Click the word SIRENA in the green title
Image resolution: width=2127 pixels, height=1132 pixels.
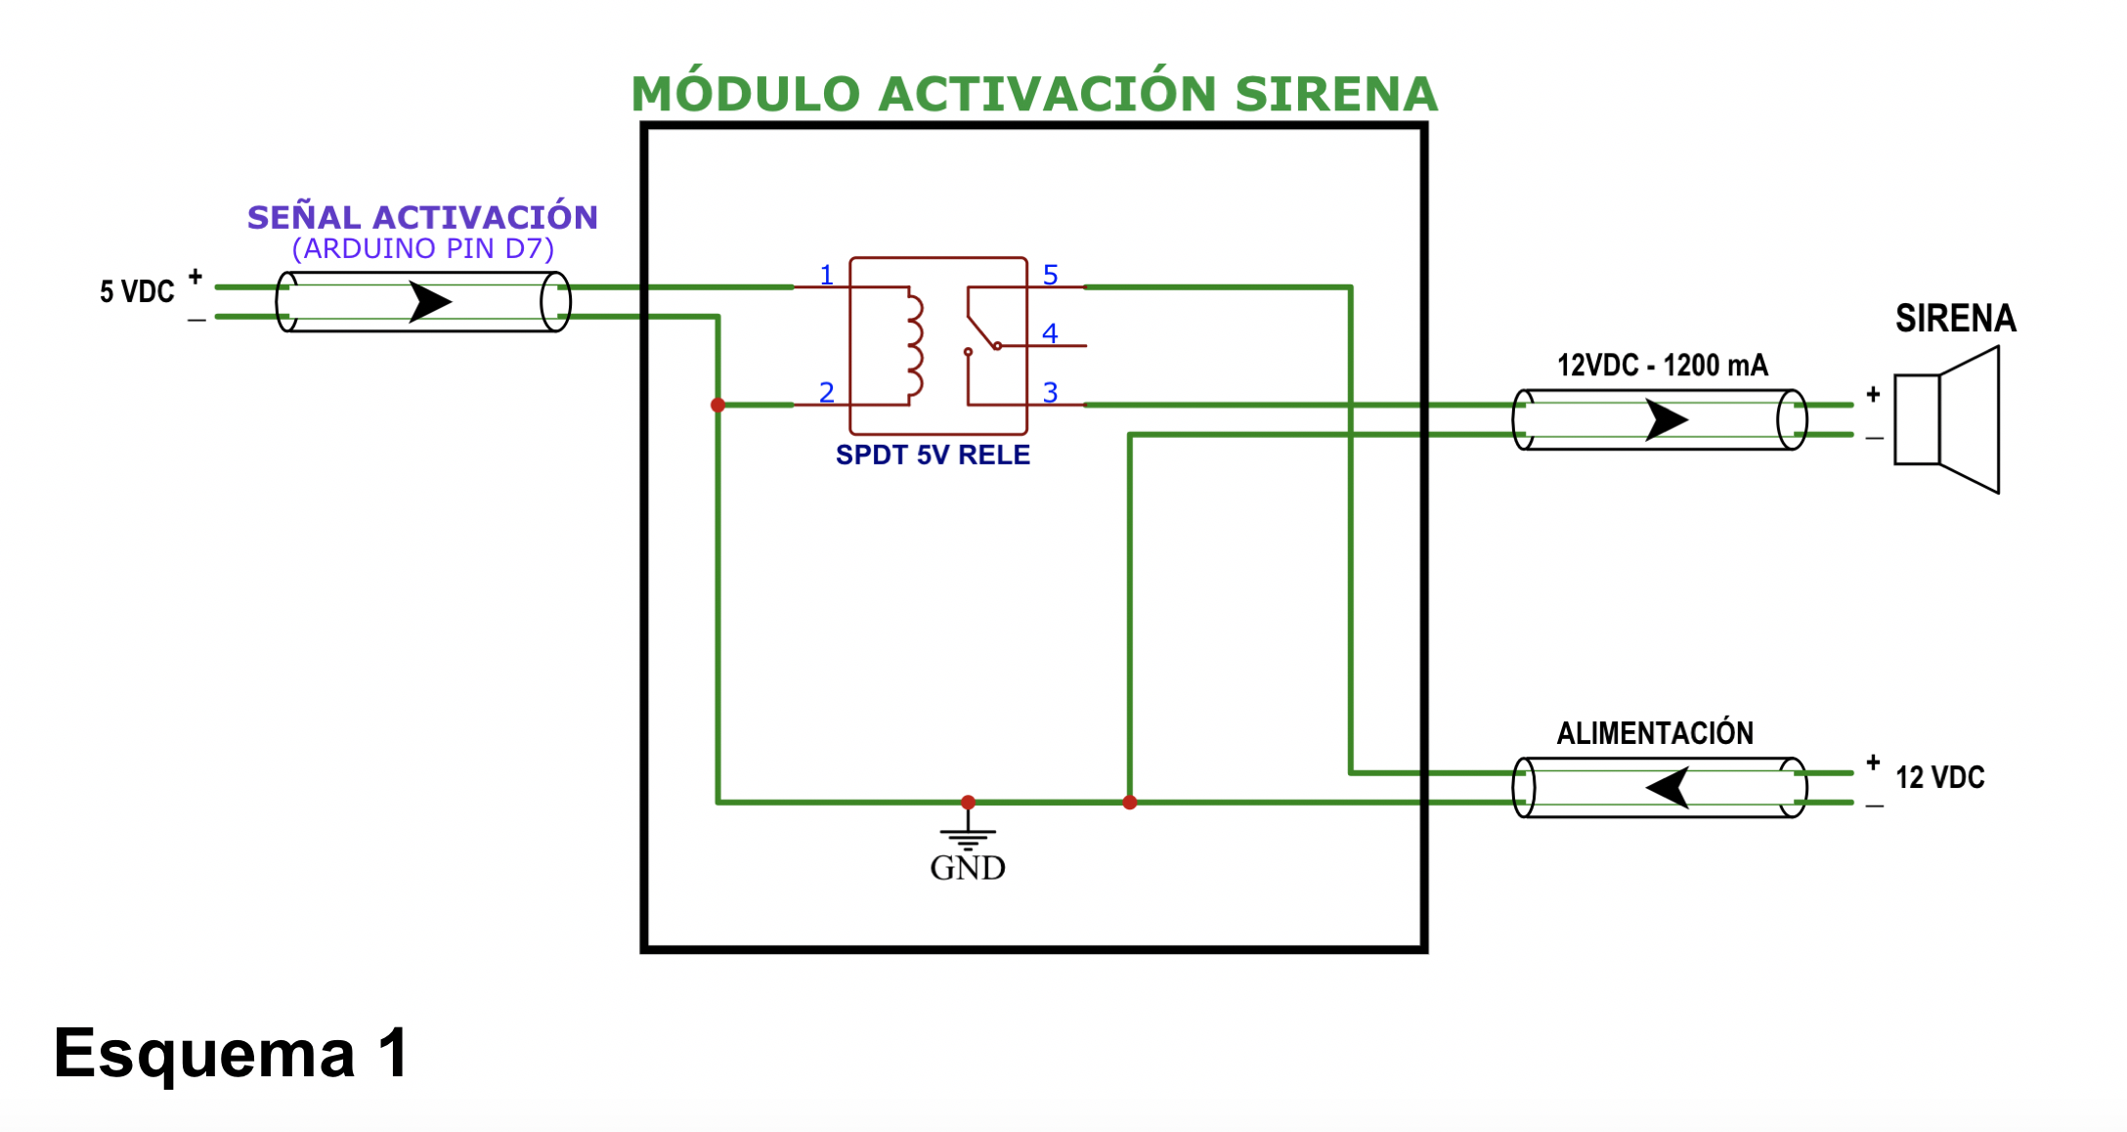(x=1335, y=95)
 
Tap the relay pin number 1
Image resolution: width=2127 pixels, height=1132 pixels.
(x=827, y=275)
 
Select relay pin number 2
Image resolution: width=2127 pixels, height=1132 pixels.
(x=827, y=392)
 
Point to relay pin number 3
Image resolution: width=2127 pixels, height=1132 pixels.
(x=1050, y=392)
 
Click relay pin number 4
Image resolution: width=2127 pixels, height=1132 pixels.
(x=1050, y=333)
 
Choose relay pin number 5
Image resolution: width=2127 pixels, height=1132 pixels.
(x=1050, y=275)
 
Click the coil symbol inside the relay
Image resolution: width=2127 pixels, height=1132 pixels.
(x=914, y=346)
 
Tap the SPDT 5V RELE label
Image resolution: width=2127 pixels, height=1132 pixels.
(x=933, y=455)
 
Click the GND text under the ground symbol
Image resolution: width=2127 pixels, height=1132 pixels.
(x=967, y=868)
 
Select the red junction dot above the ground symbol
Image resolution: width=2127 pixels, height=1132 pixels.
(x=968, y=802)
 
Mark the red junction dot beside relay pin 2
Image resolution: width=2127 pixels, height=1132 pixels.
(x=717, y=405)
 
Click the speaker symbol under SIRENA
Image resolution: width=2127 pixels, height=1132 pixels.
(x=1947, y=419)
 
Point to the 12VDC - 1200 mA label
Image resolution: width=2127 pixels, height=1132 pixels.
(x=1662, y=366)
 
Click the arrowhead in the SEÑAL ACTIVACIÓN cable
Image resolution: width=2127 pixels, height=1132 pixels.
(x=429, y=301)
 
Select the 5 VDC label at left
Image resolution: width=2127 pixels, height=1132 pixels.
(x=137, y=291)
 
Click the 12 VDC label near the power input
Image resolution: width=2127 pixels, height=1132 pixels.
(x=1939, y=777)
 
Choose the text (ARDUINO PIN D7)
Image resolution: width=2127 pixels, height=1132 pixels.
(x=423, y=248)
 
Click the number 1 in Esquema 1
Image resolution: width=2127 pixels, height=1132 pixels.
(x=395, y=1054)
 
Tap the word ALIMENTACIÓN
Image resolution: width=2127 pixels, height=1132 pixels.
(x=1655, y=733)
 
